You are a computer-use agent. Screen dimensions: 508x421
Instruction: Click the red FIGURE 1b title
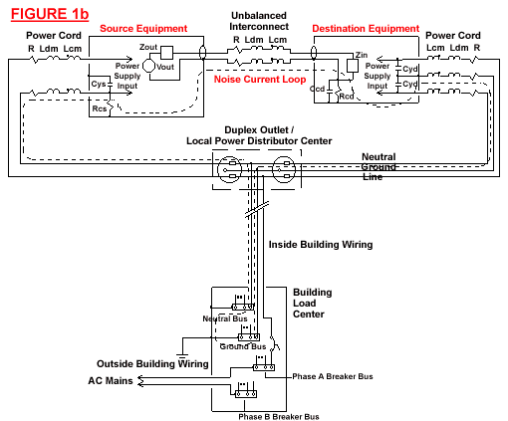(50, 14)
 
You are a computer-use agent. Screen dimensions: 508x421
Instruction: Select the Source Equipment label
(143, 29)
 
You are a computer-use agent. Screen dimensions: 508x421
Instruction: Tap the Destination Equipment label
(366, 29)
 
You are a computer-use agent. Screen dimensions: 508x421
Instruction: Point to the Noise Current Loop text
(260, 80)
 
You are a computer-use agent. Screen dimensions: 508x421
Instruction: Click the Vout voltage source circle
(148, 66)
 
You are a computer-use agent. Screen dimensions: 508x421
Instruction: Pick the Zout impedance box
(166, 53)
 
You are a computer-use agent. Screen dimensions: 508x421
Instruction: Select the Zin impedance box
(353, 66)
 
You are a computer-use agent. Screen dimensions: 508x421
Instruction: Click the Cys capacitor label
(99, 84)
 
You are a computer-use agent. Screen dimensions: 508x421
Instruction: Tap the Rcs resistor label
(100, 108)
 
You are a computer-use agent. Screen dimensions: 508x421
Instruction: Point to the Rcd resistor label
(347, 97)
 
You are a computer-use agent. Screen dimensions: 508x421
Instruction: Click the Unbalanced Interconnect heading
(259, 21)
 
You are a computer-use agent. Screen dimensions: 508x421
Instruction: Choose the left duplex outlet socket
(229, 169)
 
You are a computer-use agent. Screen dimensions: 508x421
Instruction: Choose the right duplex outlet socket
(284, 169)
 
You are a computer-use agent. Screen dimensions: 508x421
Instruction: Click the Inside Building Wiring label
(321, 245)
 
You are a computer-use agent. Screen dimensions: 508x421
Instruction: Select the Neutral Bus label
(225, 318)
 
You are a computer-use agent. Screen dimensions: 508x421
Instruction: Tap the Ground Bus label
(243, 346)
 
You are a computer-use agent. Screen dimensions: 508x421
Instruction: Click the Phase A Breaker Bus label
(333, 376)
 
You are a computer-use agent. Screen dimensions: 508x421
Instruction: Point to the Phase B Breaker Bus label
(279, 417)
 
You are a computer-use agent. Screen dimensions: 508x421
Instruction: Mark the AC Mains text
(111, 380)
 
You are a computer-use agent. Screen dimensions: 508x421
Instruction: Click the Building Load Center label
(312, 304)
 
